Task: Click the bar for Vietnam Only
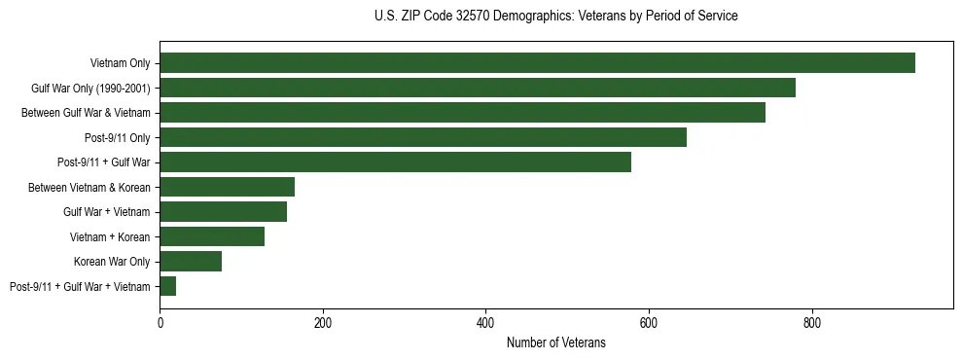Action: (x=537, y=63)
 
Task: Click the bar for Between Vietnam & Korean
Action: (x=227, y=187)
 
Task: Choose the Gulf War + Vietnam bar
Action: (x=223, y=211)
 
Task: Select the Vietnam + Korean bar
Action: (x=212, y=236)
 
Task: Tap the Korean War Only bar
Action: (x=191, y=261)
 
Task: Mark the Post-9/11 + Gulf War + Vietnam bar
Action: (x=167, y=286)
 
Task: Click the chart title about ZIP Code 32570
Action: (x=555, y=17)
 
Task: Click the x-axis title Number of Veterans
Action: (x=555, y=343)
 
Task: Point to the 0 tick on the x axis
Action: (x=160, y=323)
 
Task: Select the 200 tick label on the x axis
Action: (x=323, y=323)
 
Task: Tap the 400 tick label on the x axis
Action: (x=485, y=323)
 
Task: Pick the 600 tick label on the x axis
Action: (x=649, y=323)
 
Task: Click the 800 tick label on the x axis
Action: (x=811, y=323)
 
